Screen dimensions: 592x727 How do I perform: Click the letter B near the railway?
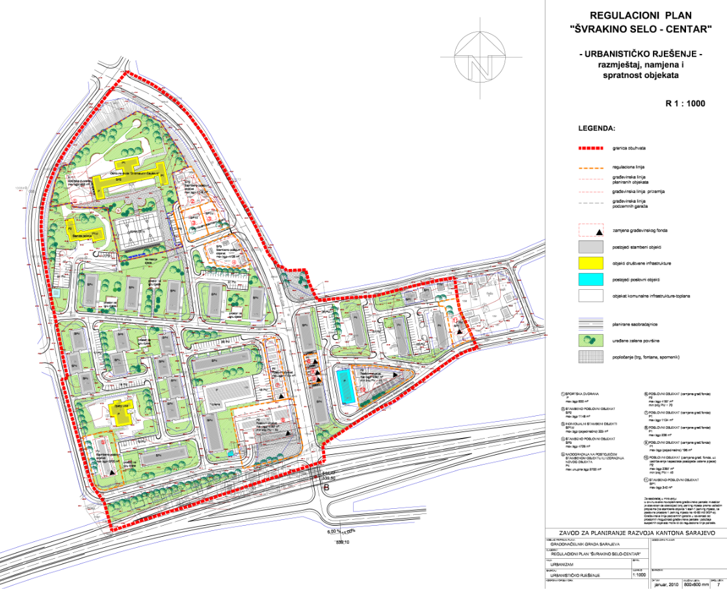[326, 487]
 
